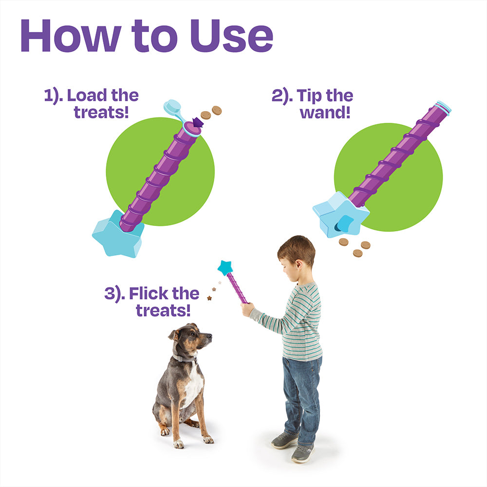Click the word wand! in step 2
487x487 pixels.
(x=325, y=112)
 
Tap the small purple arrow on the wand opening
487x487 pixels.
(x=198, y=122)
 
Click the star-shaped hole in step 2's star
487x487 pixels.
(x=344, y=224)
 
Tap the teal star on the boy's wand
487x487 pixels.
(x=225, y=267)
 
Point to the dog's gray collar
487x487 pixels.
(x=184, y=358)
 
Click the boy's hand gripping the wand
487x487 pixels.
(x=247, y=308)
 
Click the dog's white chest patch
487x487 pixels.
(x=193, y=385)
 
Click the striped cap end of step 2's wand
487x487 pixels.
(x=443, y=107)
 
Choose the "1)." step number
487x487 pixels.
(x=54, y=95)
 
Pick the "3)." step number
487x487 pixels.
(x=114, y=294)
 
